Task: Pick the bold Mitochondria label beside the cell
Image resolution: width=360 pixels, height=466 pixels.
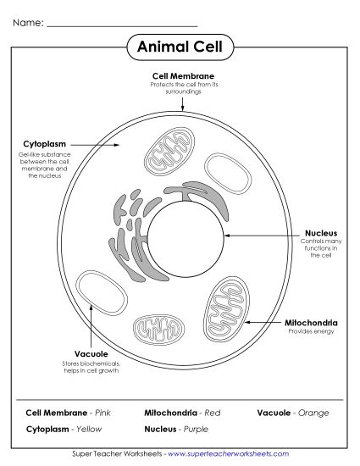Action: click(311, 323)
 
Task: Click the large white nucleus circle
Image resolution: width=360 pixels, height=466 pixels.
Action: click(186, 234)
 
